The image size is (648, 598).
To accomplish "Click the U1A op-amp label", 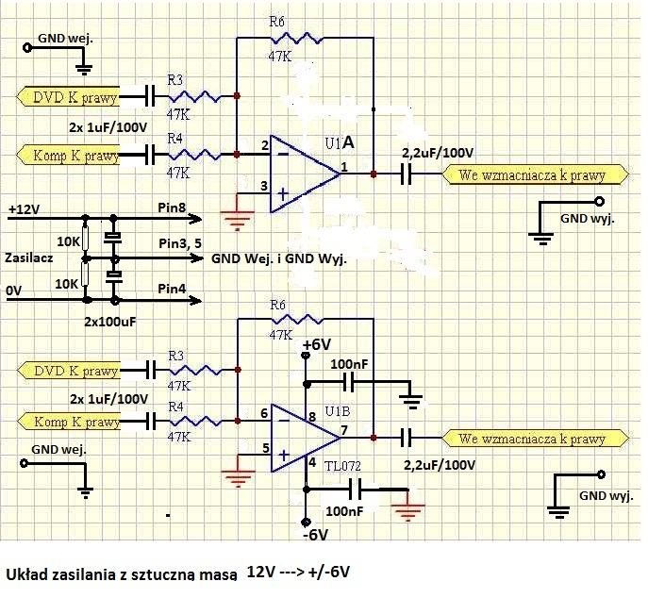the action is click(340, 142).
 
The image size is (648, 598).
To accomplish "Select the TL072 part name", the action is click(342, 466).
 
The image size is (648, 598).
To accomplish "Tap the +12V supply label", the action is click(24, 209).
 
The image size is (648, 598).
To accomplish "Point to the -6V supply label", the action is click(315, 535).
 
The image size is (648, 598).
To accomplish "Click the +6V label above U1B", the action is click(317, 344).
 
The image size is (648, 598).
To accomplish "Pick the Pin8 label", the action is click(172, 208).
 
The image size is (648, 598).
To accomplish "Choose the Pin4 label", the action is click(172, 289).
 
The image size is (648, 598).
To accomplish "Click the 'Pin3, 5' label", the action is click(180, 243).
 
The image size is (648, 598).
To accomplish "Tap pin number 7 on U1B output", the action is click(344, 430).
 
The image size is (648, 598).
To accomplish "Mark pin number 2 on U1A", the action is click(265, 145).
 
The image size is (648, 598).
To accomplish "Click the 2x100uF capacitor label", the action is click(110, 322).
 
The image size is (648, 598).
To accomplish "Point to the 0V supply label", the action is click(13, 291).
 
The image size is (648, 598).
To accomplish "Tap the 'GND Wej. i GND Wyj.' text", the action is click(279, 258).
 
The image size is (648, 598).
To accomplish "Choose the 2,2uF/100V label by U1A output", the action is click(438, 153).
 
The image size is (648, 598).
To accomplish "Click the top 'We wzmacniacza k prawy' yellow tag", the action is click(535, 174).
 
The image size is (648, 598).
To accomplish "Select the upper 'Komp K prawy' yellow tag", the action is click(68, 155).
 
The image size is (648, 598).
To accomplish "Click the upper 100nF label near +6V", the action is click(349, 364).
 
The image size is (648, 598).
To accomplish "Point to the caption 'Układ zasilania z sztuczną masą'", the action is click(122, 574).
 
